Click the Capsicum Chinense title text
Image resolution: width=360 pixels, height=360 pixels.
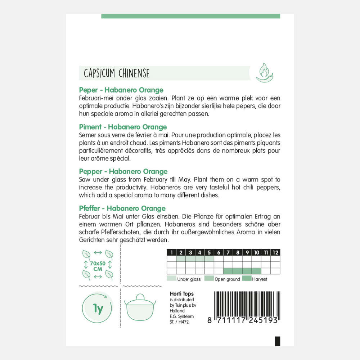click(116, 74)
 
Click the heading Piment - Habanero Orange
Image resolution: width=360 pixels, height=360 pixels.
click(123, 127)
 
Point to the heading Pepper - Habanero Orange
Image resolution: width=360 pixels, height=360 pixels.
click(123, 171)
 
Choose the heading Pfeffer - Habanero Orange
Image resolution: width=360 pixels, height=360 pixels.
click(122, 208)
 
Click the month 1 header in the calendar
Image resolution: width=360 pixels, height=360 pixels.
click(172, 253)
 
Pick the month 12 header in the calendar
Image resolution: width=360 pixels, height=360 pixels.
click(275, 253)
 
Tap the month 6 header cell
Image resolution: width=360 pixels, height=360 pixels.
click(219, 253)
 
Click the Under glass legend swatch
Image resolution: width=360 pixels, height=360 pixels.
click(171, 279)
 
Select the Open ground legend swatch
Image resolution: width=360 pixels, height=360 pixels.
click(209, 279)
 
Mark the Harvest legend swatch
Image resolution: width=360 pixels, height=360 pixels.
click(247, 279)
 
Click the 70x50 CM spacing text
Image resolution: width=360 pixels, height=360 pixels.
click(98, 266)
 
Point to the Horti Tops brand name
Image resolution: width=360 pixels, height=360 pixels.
click(181, 294)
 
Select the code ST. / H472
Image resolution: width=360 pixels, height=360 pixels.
click(179, 322)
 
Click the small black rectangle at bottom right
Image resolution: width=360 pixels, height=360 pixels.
click(277, 341)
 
